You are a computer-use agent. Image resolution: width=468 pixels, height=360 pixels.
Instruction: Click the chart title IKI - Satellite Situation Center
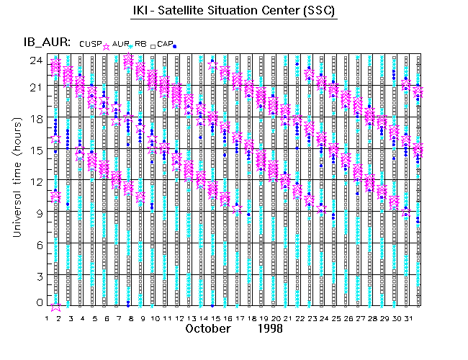point(233,12)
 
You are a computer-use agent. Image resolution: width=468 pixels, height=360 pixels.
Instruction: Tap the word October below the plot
point(209,328)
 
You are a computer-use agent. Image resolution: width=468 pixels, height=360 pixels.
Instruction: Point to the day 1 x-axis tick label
point(47,318)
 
